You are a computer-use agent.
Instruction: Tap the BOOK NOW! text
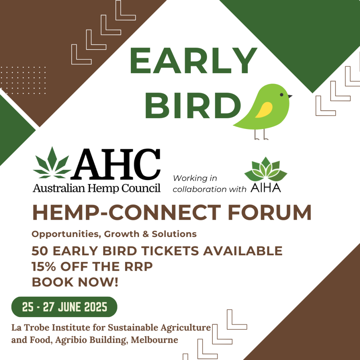coord(75,282)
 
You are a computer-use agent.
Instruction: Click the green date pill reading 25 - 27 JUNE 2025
coord(64,307)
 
